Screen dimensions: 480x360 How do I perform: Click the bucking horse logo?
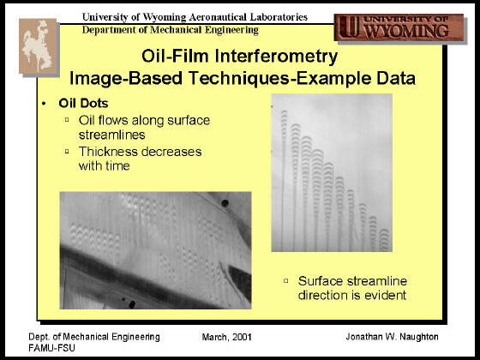coord(39,46)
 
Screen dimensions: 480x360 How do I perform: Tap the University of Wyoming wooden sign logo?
coord(399,27)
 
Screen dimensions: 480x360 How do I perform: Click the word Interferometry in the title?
coord(276,56)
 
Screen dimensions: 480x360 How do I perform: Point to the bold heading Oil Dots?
coord(83,103)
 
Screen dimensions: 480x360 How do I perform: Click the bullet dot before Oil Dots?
coord(44,104)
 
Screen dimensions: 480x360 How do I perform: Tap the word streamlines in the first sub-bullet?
coord(111,135)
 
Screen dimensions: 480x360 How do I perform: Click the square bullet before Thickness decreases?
coord(67,151)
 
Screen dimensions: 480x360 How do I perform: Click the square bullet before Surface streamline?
coord(286,281)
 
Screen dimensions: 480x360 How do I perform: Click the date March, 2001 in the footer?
coord(227,338)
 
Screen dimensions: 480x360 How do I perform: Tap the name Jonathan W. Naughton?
coord(392,337)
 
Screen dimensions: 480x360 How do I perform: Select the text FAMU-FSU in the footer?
coord(51,348)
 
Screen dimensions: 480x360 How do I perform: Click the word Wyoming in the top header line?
coord(165,17)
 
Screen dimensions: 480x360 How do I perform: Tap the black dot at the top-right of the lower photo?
coord(225,203)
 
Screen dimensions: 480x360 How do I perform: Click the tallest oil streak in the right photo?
coord(284,181)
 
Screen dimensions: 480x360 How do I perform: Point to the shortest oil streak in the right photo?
coord(384,240)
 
